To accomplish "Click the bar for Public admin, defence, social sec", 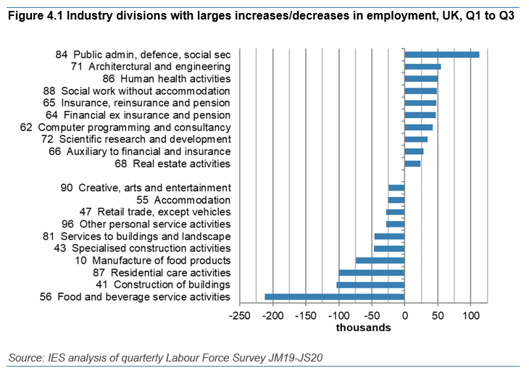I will (441, 54).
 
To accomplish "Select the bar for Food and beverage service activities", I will (335, 296).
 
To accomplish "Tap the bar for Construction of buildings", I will (370, 285).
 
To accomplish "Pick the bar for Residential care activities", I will (372, 272).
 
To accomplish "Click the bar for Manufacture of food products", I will (380, 260).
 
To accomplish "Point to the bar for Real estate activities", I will (412, 164).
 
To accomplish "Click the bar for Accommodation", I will (396, 200).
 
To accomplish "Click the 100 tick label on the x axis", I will (470, 315).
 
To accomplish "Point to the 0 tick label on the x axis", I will (404, 315).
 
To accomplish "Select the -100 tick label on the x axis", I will (338, 315).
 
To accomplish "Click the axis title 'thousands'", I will (363, 327).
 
